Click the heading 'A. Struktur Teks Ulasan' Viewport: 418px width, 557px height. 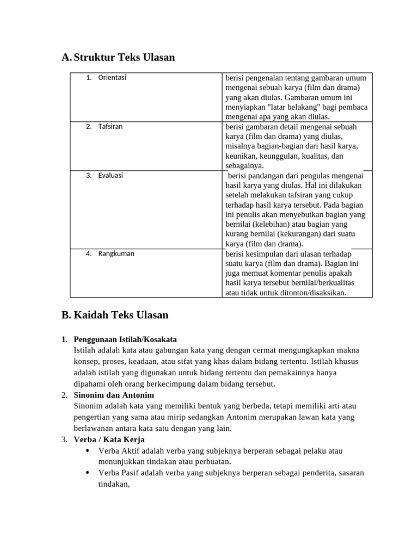pyautogui.click(x=118, y=57)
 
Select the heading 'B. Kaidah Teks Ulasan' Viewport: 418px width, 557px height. pyautogui.click(x=115, y=315)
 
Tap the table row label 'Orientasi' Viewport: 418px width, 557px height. pyautogui.click(x=112, y=78)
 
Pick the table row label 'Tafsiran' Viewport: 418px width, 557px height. pyautogui.click(x=110, y=127)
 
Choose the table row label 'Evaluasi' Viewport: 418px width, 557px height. pyautogui.click(x=110, y=175)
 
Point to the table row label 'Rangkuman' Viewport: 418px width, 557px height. pyautogui.click(x=116, y=253)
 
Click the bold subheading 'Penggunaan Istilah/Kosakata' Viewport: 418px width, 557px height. pyautogui.click(x=125, y=339)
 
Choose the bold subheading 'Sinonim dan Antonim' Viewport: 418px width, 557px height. pyautogui.click(x=114, y=395)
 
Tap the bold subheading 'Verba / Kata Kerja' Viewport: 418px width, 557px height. pyautogui.click(x=109, y=440)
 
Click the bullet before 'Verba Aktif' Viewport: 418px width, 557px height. pyautogui.click(x=88, y=451)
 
